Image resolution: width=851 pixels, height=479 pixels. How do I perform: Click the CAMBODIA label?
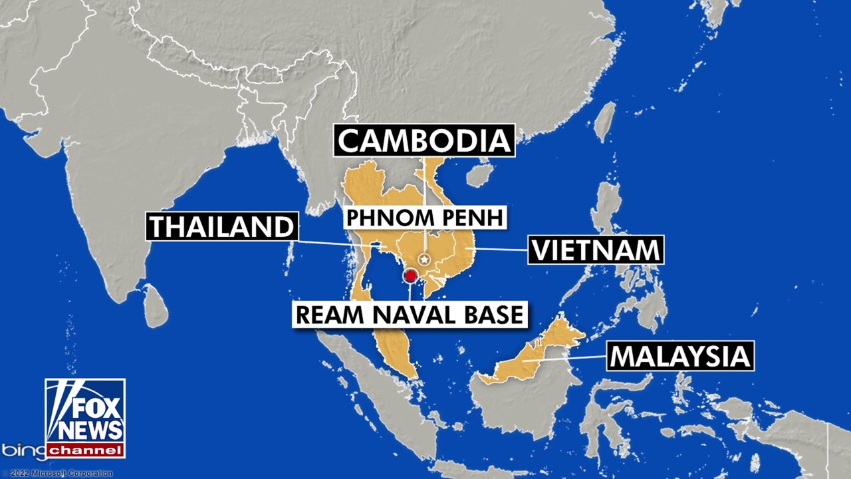pyautogui.click(x=425, y=140)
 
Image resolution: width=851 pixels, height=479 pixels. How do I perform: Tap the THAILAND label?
pyautogui.click(x=221, y=227)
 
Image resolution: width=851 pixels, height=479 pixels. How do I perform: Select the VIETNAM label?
pyautogui.click(x=596, y=251)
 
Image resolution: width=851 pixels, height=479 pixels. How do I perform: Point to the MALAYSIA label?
pyautogui.click(x=680, y=356)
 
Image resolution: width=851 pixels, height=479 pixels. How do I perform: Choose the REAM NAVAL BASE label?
pyautogui.click(x=410, y=314)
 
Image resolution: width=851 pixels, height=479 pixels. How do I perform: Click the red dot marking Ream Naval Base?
pyautogui.click(x=410, y=275)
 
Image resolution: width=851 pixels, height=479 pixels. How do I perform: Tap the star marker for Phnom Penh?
pyautogui.click(x=425, y=259)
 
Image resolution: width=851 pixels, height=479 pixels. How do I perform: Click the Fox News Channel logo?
pyautogui.click(x=85, y=418)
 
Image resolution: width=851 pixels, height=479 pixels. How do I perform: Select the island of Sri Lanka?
pyautogui.click(x=156, y=305)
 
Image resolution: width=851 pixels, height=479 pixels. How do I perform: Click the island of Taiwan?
pyautogui.click(x=604, y=122)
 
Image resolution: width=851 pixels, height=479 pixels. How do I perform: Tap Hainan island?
pyautogui.click(x=480, y=175)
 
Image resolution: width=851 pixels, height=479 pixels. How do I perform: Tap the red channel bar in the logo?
pyautogui.click(x=85, y=450)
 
